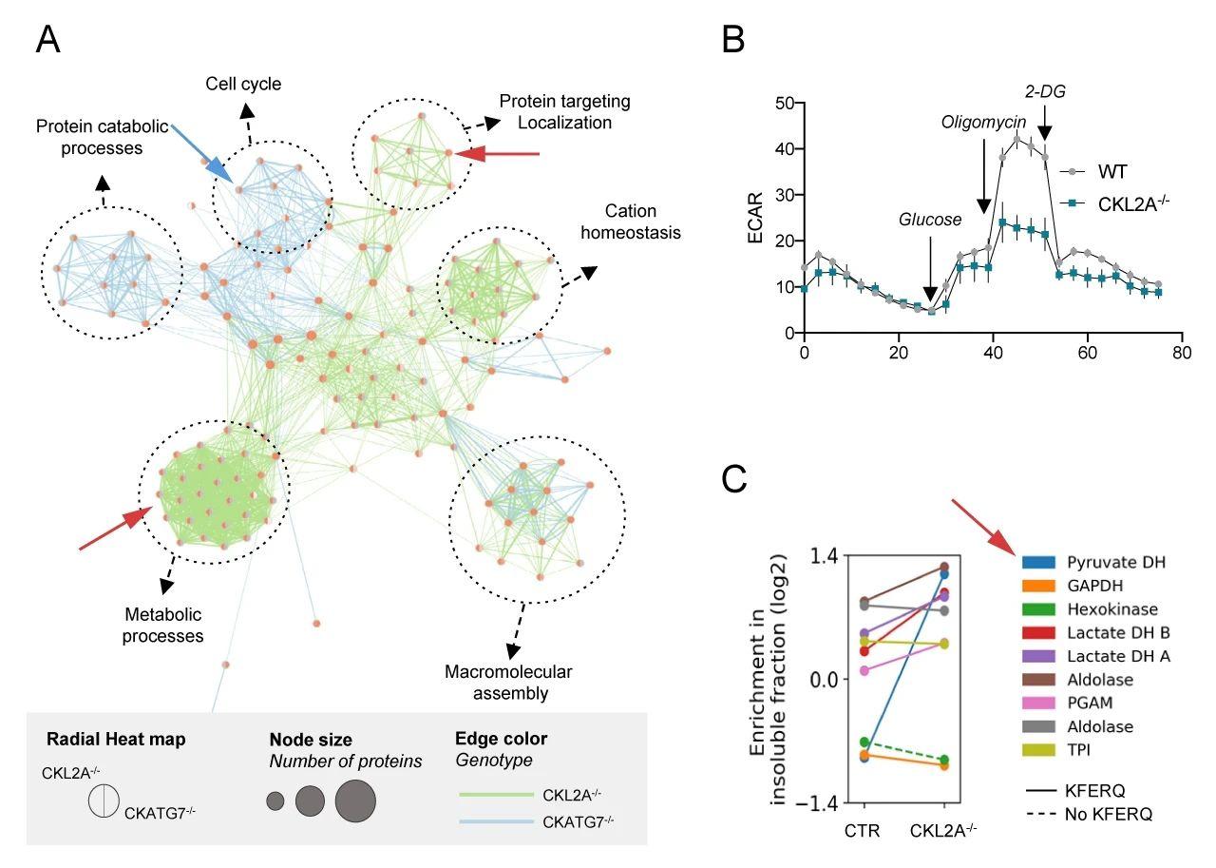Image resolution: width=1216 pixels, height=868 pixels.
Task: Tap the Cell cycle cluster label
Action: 243,84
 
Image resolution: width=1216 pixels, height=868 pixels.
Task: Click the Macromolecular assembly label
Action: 509,683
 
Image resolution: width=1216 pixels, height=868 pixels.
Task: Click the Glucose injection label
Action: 930,220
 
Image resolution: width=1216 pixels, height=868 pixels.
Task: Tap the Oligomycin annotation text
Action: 983,122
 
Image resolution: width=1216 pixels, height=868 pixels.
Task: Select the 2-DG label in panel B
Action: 1044,91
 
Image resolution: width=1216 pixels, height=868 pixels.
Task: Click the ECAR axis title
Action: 757,219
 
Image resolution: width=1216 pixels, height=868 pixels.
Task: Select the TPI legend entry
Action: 1079,750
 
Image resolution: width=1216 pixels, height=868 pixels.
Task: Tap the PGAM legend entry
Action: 1088,704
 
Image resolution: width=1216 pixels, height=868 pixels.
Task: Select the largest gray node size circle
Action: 355,800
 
